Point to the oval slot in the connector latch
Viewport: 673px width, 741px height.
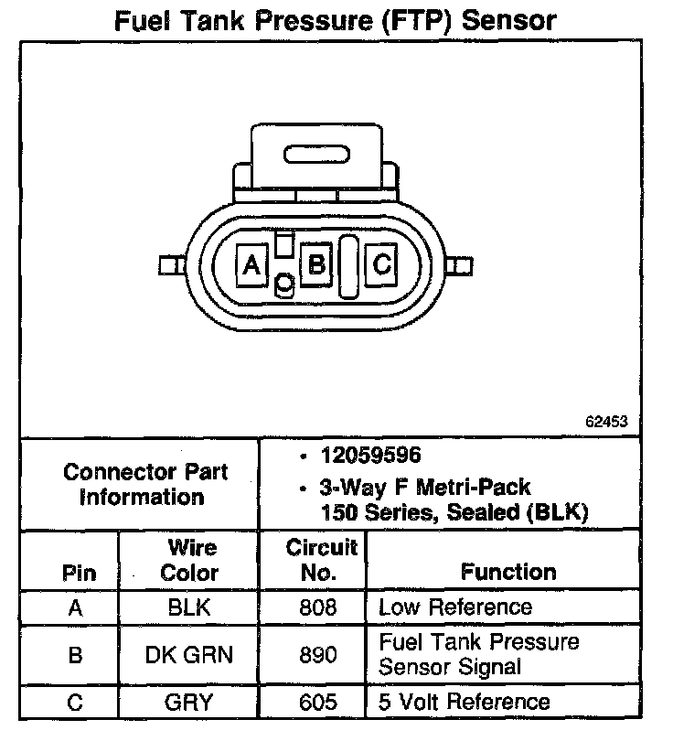(x=315, y=154)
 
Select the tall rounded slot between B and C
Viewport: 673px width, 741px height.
(x=348, y=266)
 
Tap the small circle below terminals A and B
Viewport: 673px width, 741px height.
(x=284, y=285)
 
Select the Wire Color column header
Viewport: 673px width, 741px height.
(x=190, y=560)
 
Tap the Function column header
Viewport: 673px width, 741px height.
(x=508, y=572)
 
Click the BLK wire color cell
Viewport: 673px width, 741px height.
(x=190, y=607)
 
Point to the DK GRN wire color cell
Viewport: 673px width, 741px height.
(x=190, y=654)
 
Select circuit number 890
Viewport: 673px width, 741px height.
(x=317, y=654)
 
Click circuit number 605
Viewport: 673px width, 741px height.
(x=317, y=703)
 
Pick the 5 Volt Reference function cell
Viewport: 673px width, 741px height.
(x=465, y=703)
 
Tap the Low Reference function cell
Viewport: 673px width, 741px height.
(x=454, y=607)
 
